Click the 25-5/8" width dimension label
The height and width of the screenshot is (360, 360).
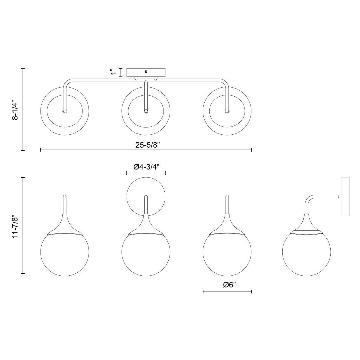click(x=146, y=145)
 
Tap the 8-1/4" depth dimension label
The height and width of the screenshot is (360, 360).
click(x=15, y=110)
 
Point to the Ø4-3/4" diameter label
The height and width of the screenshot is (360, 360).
click(x=146, y=167)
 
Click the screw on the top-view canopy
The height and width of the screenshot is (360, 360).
click(x=146, y=71)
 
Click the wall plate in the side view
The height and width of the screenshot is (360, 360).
click(x=345, y=196)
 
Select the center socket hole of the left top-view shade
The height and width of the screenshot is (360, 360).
click(x=64, y=111)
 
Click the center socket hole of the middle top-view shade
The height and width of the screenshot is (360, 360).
click(x=146, y=111)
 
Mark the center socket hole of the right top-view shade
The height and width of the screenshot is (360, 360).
click(x=227, y=111)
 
